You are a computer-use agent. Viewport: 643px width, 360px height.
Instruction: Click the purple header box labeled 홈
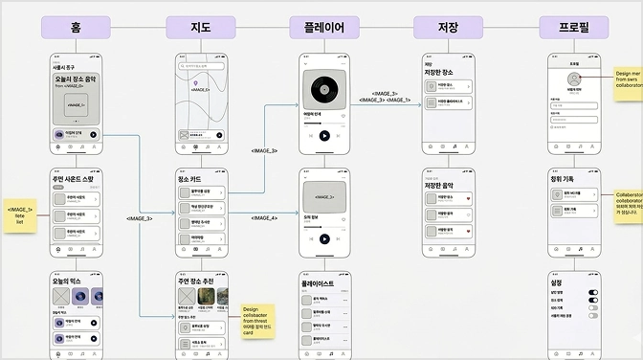point(76,27)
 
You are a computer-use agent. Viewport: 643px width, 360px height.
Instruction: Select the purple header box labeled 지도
point(200,27)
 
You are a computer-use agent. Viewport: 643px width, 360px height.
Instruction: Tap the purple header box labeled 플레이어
point(324,27)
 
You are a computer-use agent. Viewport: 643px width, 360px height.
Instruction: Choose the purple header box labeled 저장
point(448,27)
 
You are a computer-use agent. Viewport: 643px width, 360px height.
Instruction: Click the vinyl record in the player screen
point(324,90)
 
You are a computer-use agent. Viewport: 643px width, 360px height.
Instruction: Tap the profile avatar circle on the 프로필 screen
point(573,79)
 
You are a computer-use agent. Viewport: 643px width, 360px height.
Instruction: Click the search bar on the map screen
point(202,67)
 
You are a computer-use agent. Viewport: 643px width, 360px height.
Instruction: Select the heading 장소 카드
point(189,179)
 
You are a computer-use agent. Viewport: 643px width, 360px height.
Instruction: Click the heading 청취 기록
point(564,178)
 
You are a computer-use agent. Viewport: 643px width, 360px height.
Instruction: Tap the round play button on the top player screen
point(324,136)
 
